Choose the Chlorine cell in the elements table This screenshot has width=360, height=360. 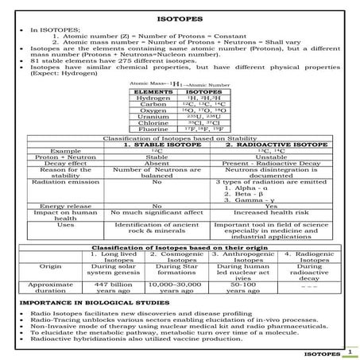tap(153, 124)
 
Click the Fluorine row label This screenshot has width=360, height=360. tap(153, 131)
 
